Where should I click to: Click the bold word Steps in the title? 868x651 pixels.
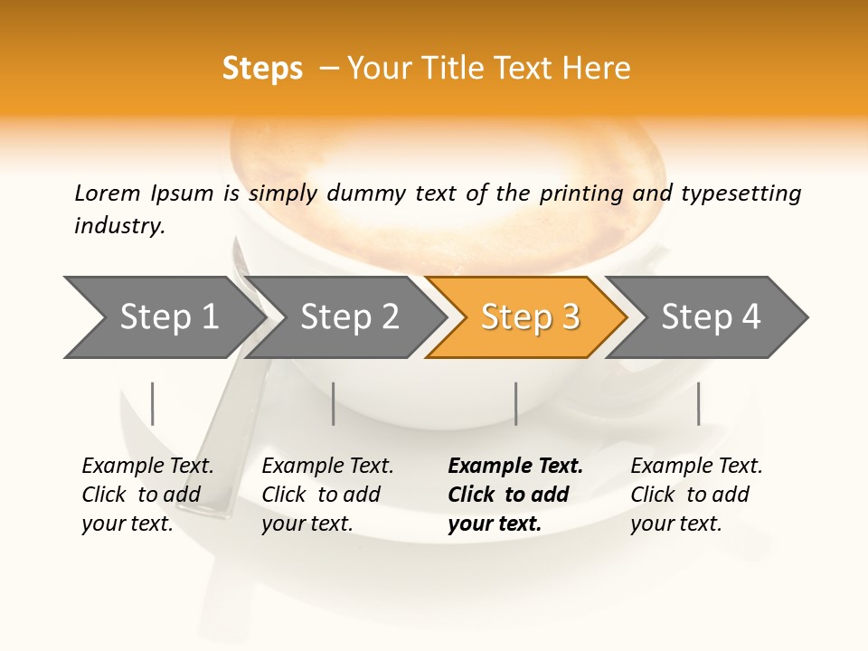[x=262, y=69]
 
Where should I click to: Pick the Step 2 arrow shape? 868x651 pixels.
[x=346, y=317]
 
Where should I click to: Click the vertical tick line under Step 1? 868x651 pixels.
[x=153, y=403]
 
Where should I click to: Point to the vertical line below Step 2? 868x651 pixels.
[x=334, y=403]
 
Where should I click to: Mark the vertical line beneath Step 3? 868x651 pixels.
[x=515, y=403]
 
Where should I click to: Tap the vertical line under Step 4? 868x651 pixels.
[x=698, y=403]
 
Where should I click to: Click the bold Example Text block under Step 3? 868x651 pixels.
[x=514, y=495]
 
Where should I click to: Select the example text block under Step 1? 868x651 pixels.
[x=147, y=495]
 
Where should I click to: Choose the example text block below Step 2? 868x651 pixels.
[x=327, y=495]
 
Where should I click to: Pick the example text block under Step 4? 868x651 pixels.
[x=696, y=495]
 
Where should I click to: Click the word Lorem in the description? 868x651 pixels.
[x=107, y=193]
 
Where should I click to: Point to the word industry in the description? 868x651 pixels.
[x=118, y=226]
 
